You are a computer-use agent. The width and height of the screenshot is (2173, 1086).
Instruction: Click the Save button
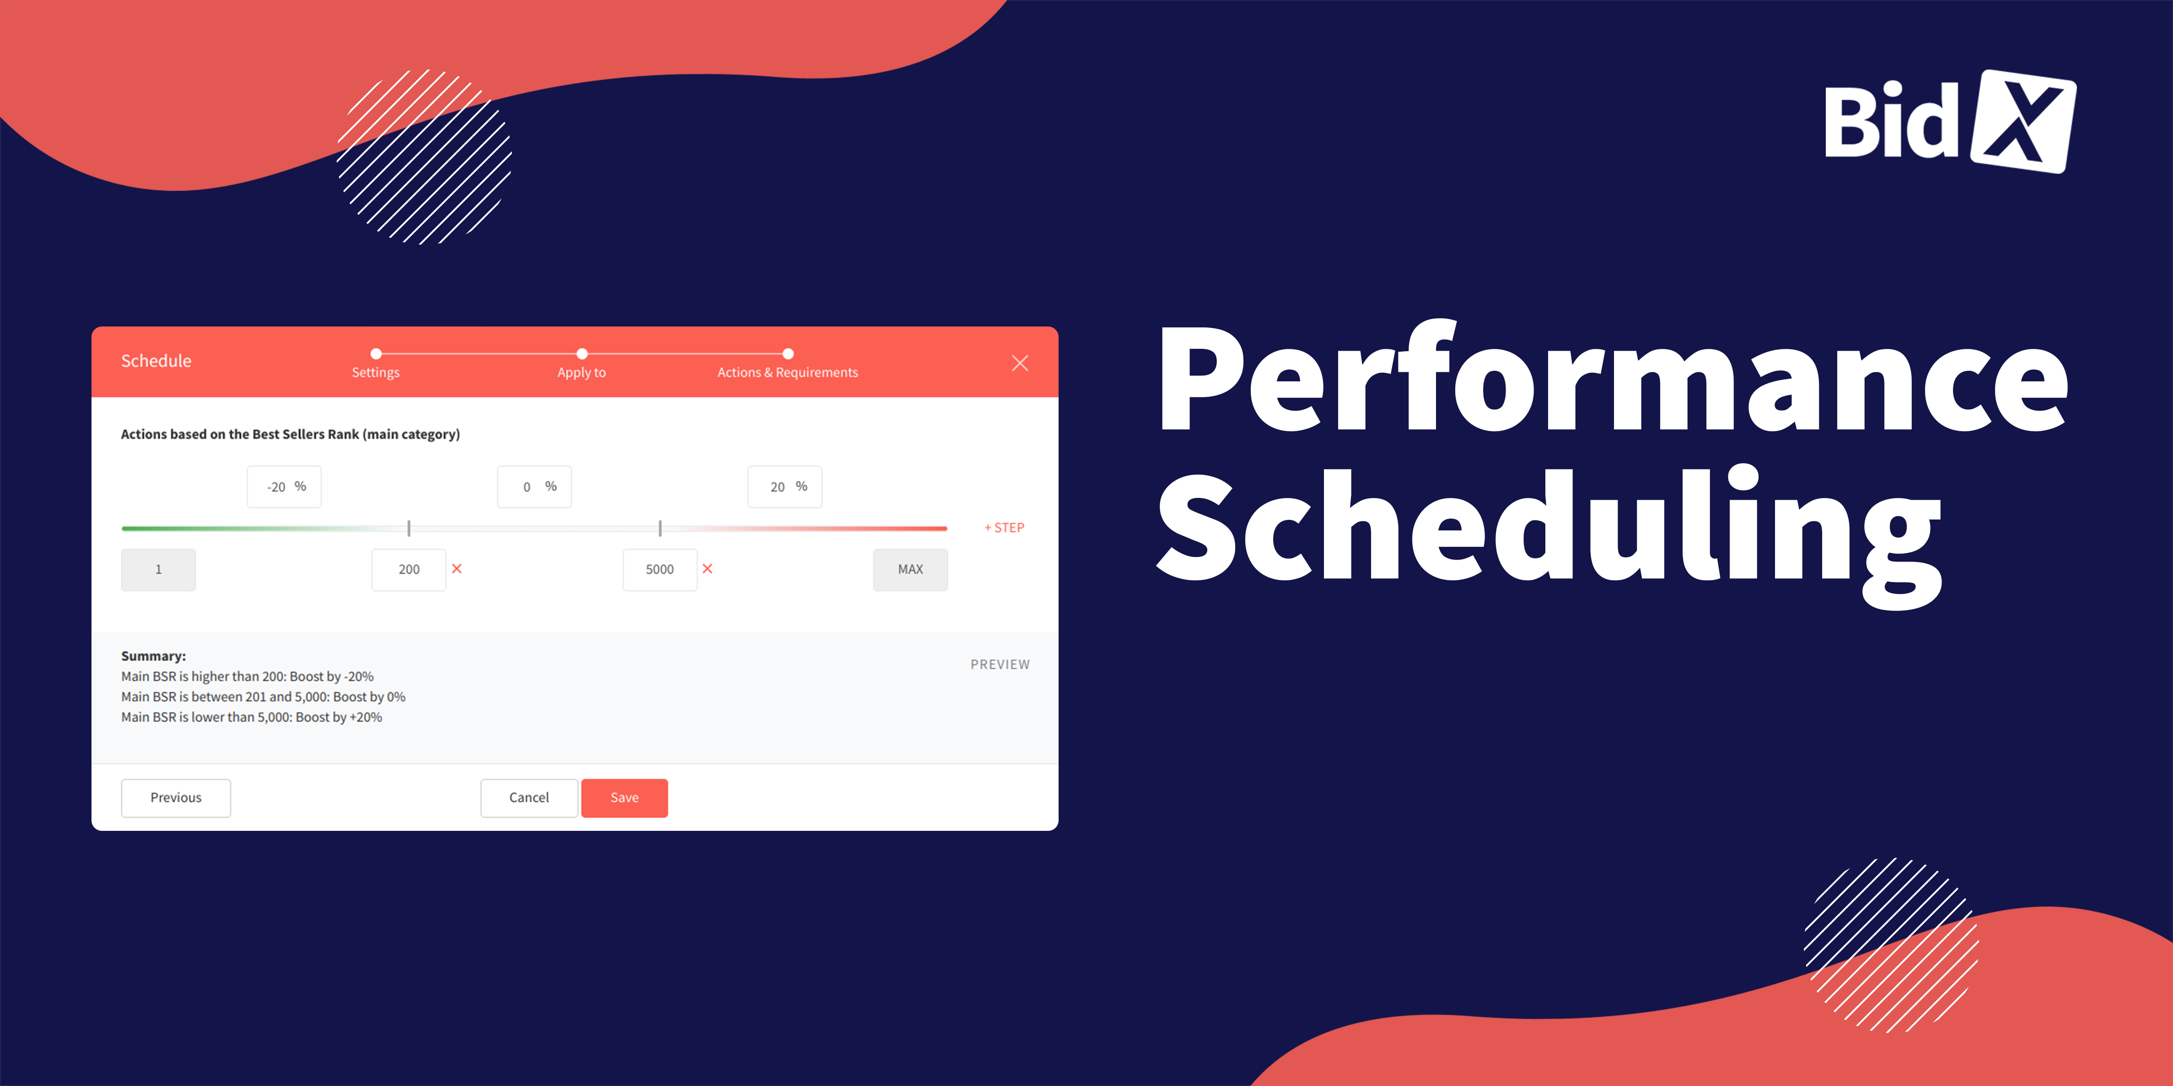coord(624,797)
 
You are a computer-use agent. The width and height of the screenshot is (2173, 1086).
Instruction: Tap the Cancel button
coord(529,797)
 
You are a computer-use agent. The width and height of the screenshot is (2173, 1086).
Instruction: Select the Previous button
coord(176,797)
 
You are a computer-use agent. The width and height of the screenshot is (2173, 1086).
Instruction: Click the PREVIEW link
coord(1000,664)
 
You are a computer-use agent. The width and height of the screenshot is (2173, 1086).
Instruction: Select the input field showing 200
coord(409,569)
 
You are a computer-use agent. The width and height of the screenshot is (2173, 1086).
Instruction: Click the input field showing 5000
coord(660,569)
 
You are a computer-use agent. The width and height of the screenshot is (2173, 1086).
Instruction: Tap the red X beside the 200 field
coord(457,568)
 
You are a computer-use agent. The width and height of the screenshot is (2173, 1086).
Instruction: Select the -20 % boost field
coord(284,487)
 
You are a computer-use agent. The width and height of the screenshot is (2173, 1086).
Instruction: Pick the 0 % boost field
coord(535,487)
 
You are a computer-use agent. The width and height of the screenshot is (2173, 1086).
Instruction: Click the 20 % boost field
coord(785,487)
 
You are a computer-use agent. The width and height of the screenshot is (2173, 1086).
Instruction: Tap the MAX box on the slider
coord(910,569)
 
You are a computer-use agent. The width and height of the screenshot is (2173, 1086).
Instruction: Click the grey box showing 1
coord(159,569)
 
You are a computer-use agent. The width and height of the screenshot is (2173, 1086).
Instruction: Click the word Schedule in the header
coord(156,361)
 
